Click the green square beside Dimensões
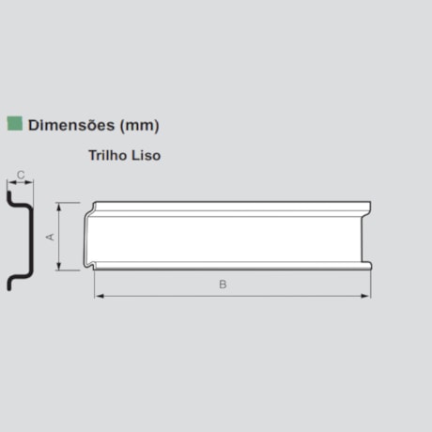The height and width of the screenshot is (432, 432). click(x=14, y=124)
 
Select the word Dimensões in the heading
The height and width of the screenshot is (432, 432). click(x=69, y=124)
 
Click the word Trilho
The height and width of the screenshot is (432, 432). click(x=108, y=155)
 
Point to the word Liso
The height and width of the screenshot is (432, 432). click(x=146, y=155)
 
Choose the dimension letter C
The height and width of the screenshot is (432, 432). click(x=20, y=174)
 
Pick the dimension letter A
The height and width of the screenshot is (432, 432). click(x=50, y=237)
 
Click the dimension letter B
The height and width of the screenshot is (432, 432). click(x=223, y=285)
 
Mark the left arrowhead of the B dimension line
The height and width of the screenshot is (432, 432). click(x=97, y=295)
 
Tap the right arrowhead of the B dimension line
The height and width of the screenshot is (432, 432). click(x=367, y=295)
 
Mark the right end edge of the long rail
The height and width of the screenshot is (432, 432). click(x=369, y=235)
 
